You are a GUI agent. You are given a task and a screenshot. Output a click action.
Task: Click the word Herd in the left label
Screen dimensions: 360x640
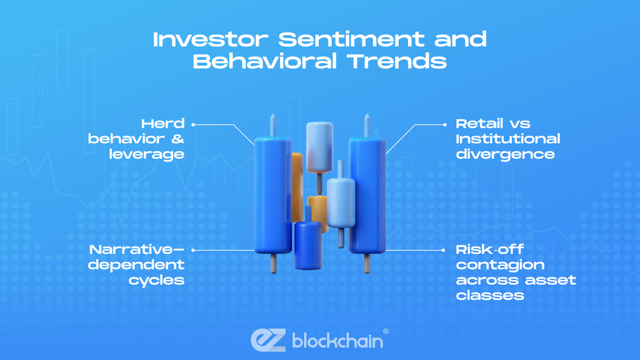tap(162, 123)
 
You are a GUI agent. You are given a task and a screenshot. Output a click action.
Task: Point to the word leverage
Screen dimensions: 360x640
tap(147, 154)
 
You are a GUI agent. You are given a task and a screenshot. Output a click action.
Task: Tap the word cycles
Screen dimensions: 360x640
tap(157, 279)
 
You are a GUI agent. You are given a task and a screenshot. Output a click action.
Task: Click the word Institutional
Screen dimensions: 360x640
tap(507, 139)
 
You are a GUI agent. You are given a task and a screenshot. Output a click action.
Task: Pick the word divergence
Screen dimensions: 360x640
tap(505, 154)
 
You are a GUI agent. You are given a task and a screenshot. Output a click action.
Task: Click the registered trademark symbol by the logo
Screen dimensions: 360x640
tap(386, 331)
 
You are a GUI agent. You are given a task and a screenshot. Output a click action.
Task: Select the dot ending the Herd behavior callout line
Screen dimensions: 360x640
tap(193, 124)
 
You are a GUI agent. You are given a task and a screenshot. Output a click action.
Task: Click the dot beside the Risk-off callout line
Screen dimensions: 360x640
tap(446, 249)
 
